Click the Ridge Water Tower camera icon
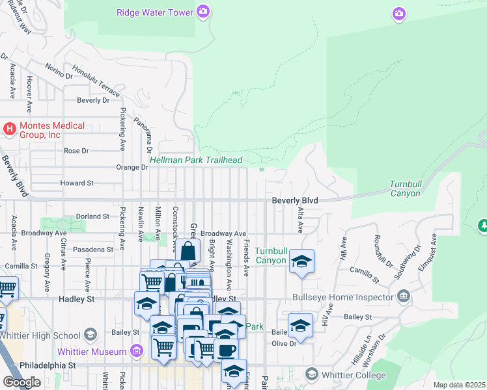click(203, 12)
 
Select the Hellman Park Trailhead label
click(196, 161)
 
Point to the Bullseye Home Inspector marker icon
click(404, 298)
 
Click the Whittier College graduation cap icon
click(311, 375)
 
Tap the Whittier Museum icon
click(136, 352)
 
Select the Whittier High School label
click(39, 335)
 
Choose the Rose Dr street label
click(76, 151)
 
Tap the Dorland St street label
click(92, 216)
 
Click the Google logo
click(21, 382)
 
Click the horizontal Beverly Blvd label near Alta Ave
click(295, 201)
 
